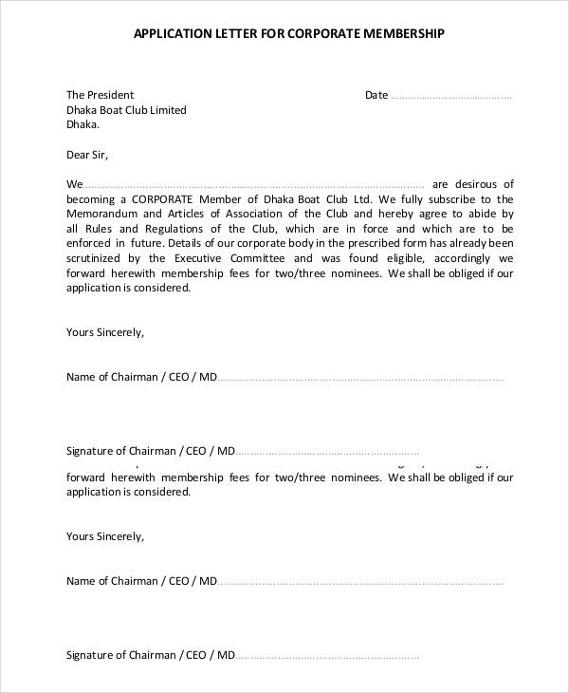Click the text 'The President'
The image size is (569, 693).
[100, 95]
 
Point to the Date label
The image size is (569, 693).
[376, 95]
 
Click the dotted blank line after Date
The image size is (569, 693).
[451, 96]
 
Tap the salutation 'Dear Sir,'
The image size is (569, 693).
[87, 154]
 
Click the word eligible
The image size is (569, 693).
[408, 258]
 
